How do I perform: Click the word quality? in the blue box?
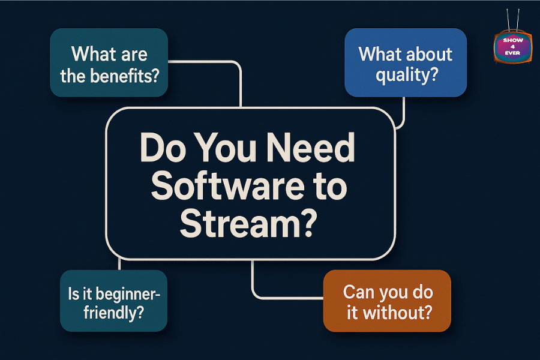pyautogui.click(x=406, y=76)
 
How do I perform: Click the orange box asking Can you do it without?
pyautogui.click(x=386, y=301)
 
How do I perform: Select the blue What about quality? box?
pyautogui.click(x=406, y=62)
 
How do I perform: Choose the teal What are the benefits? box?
pyautogui.click(x=109, y=63)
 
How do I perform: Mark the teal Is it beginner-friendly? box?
pyautogui.click(x=113, y=301)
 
